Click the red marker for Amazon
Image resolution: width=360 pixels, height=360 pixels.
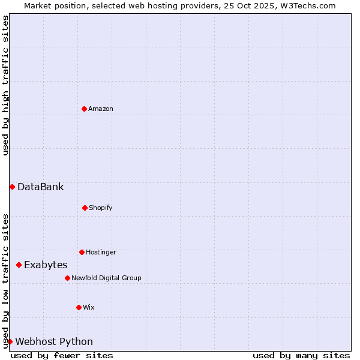[84, 109]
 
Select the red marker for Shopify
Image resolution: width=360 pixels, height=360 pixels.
[85, 208]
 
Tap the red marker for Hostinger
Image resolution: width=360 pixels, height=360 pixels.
[82, 252]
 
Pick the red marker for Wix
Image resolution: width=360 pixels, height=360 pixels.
[79, 307]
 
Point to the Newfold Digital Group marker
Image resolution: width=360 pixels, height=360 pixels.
[67, 278]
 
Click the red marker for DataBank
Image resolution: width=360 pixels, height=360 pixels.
[12, 187]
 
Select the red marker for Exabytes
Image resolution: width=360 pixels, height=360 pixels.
[19, 265]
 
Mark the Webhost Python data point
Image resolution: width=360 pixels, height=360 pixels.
[10, 341]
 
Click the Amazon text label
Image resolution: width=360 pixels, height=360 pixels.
[101, 109]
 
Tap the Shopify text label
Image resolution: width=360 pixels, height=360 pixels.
[101, 208]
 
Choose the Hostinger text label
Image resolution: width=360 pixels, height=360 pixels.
[101, 252]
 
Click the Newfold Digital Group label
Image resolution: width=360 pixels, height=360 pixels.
[106, 278]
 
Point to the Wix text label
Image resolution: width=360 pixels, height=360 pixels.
[89, 307]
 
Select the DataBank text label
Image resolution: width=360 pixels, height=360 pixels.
[40, 187]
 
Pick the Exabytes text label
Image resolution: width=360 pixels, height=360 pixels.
[46, 265]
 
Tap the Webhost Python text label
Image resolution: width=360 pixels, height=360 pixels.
[54, 342]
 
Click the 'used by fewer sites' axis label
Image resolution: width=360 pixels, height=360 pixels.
[62, 355]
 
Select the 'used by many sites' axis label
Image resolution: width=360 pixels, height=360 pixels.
[301, 355]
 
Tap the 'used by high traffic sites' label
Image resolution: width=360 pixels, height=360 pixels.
[5, 85]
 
